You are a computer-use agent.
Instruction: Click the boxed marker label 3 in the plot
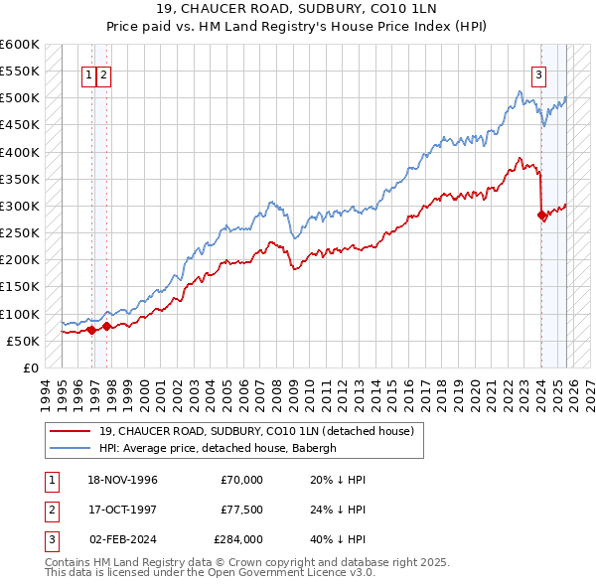(x=538, y=73)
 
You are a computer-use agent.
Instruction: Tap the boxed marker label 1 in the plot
(x=88, y=73)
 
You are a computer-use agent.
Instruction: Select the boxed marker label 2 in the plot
(x=103, y=73)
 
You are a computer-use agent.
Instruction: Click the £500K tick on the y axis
(x=20, y=98)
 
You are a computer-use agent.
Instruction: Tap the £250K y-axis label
(x=20, y=232)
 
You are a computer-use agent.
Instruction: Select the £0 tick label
(x=30, y=367)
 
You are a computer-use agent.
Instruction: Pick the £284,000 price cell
(x=238, y=539)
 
